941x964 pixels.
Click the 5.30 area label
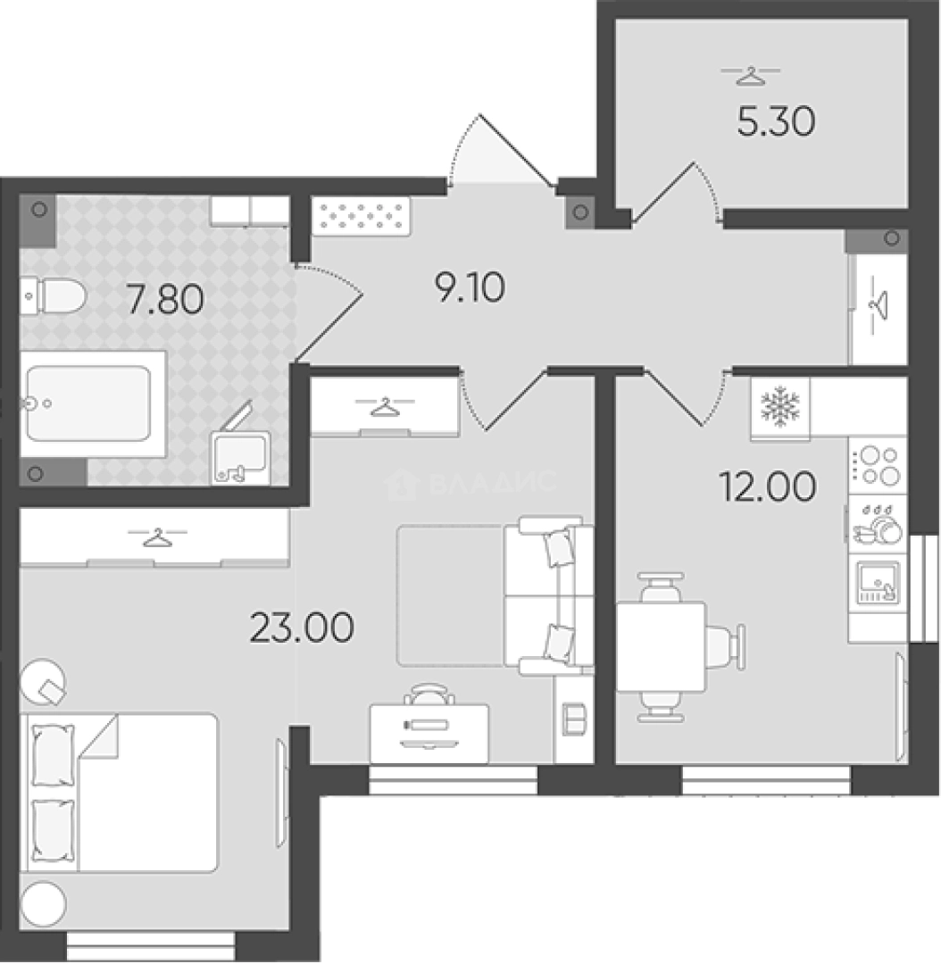(776, 121)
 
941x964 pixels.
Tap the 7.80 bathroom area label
(165, 300)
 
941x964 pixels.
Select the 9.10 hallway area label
(470, 287)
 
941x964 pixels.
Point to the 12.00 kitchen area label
(768, 486)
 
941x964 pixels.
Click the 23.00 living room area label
(302, 627)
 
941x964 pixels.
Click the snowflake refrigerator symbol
(780, 407)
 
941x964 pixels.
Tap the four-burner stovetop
(878, 466)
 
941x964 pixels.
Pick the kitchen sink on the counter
(878, 581)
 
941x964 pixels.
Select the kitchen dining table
(662, 647)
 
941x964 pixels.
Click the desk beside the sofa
(429, 734)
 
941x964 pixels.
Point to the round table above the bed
(43, 682)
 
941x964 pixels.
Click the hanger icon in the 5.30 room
(750, 75)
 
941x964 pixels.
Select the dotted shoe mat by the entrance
(361, 216)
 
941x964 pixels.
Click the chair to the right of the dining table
(727, 647)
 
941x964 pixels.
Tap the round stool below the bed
(43, 904)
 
